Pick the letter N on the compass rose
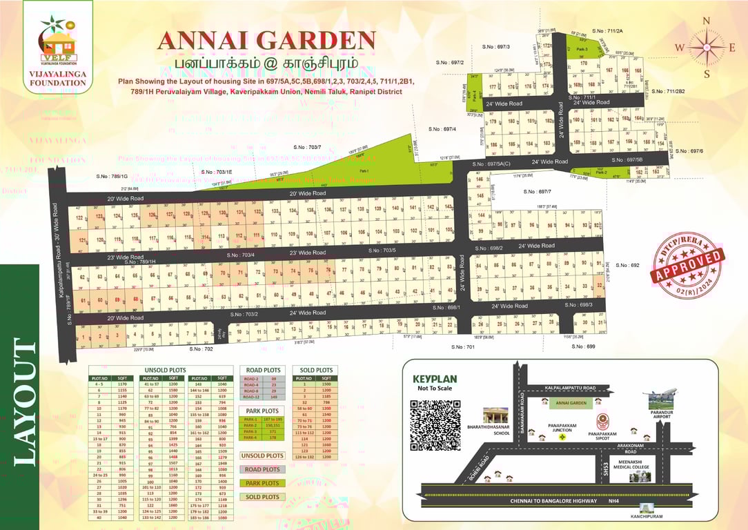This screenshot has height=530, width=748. [x=706, y=21]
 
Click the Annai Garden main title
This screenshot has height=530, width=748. [x=266, y=41]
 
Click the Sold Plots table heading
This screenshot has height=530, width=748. [x=316, y=370]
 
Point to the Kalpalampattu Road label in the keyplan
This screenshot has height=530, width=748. [x=571, y=389]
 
